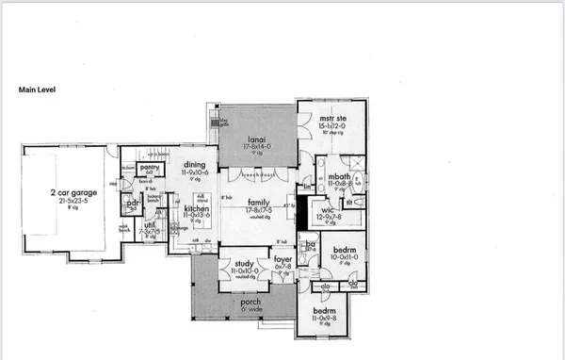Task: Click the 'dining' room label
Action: click(195, 166)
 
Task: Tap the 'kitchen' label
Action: click(195, 207)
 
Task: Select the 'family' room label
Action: click(260, 203)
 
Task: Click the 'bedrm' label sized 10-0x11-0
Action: click(342, 248)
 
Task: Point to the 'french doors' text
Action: click(254, 175)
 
